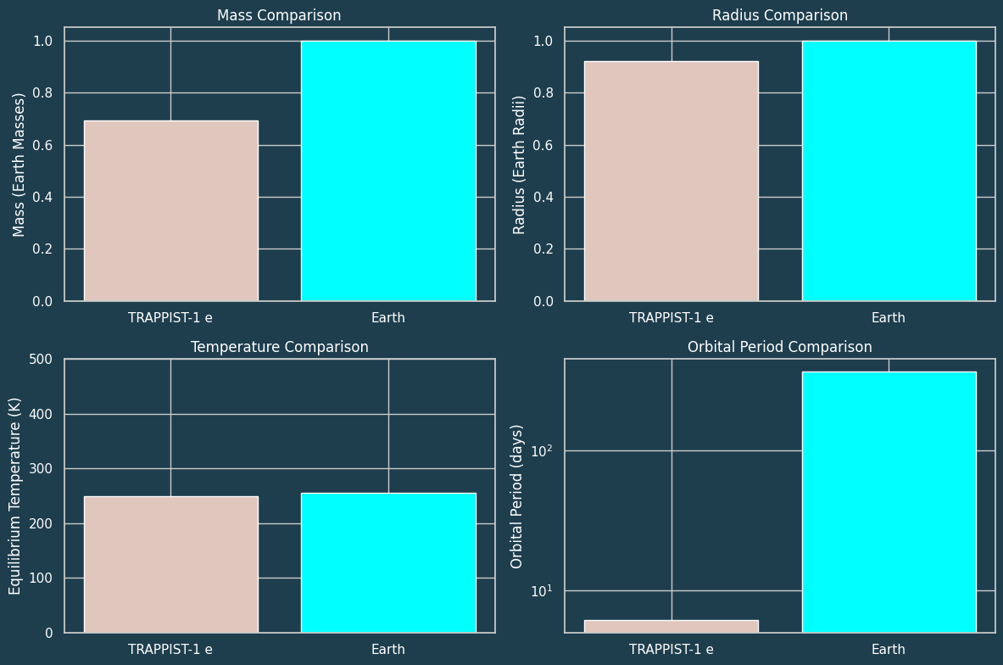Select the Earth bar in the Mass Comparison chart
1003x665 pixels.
pos(388,170)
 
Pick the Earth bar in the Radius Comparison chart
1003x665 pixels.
pos(889,170)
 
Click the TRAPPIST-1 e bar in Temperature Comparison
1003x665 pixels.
pos(170,564)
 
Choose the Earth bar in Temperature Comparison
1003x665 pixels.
pos(388,562)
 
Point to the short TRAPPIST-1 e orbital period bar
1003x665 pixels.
pos(671,626)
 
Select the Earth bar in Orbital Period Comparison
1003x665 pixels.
pos(889,501)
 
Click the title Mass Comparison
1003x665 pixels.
pos(279,15)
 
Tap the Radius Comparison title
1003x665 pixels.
pos(779,15)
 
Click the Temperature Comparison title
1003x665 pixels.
pos(279,347)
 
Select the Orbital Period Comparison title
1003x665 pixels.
pos(779,347)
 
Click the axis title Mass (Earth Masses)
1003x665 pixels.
pos(20,165)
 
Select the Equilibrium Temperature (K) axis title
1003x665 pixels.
pos(15,496)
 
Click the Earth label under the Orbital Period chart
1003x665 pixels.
pos(889,650)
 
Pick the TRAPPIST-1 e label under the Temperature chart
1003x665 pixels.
pos(170,650)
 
